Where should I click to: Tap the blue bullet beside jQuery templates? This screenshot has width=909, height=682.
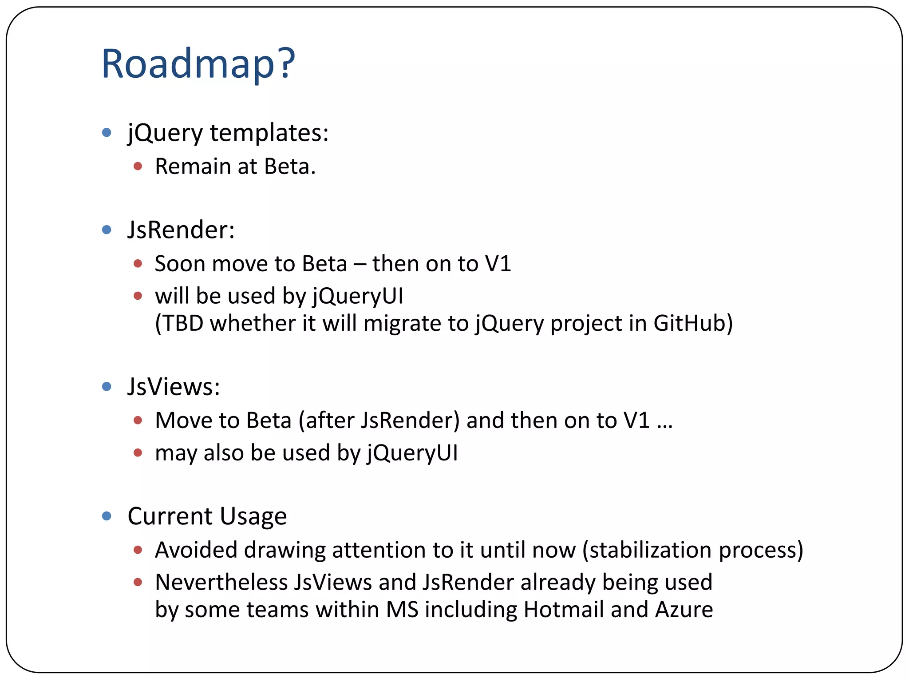tap(107, 132)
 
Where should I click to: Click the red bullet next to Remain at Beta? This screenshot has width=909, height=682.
tap(138, 167)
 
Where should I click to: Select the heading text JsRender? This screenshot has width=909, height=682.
tap(181, 230)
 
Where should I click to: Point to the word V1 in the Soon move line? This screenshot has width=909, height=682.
tap(498, 264)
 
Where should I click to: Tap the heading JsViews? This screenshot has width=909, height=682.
tap(174, 387)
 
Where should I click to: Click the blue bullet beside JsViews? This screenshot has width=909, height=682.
tap(107, 387)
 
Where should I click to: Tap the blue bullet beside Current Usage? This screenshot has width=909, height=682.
tap(107, 516)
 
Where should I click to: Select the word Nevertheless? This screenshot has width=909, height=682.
tap(221, 583)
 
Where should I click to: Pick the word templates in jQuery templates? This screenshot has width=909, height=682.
tap(269, 133)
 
